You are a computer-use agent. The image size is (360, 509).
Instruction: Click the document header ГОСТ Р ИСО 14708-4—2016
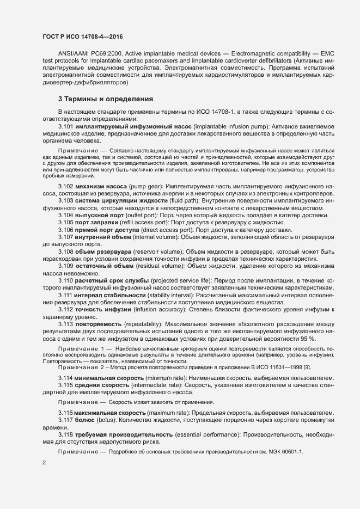pyautogui.click(x=82, y=36)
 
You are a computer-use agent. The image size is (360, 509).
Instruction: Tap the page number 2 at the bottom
pyautogui.click(x=44, y=463)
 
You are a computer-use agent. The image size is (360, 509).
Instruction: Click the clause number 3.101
pyautogui.click(x=66, y=126)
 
